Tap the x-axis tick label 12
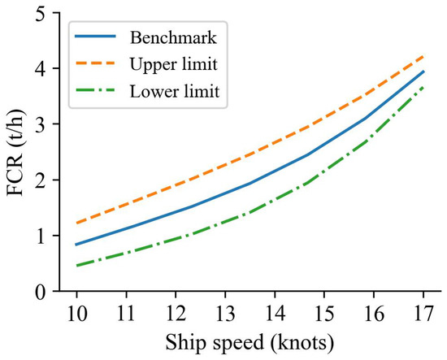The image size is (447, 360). tap(174, 312)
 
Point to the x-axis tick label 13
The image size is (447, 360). tap(223, 312)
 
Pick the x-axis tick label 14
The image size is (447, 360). tap(274, 312)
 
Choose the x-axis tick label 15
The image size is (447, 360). tap(323, 312)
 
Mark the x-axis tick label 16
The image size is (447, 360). tap(374, 312)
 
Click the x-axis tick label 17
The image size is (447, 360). tap(423, 312)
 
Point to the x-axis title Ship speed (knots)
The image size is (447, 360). tap(249, 342)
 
